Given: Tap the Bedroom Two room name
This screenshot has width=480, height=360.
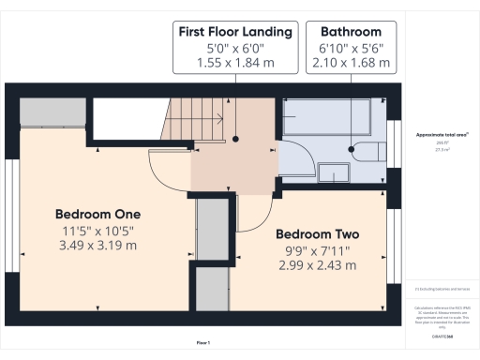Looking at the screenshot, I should coord(317,233).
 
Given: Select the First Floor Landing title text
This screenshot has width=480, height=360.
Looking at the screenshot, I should coord(234,32).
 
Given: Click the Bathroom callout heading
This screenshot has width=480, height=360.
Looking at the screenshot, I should coord(350,32).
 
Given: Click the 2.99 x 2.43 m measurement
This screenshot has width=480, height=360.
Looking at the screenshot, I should coord(317,265).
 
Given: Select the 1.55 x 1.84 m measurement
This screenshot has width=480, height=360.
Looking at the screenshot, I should coord(234,63).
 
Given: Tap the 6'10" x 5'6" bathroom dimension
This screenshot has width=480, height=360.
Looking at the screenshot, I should coord(350,48).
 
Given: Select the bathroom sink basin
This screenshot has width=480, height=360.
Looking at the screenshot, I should coord(332,172).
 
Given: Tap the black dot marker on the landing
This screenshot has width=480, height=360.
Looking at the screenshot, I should coord(238,138).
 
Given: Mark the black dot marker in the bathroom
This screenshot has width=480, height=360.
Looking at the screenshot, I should coord(350,147).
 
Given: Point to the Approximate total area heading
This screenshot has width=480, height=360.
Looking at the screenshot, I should coord(442,134).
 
